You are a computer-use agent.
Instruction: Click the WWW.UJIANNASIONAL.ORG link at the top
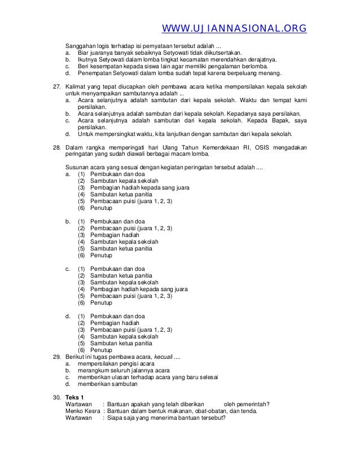(234, 28)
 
